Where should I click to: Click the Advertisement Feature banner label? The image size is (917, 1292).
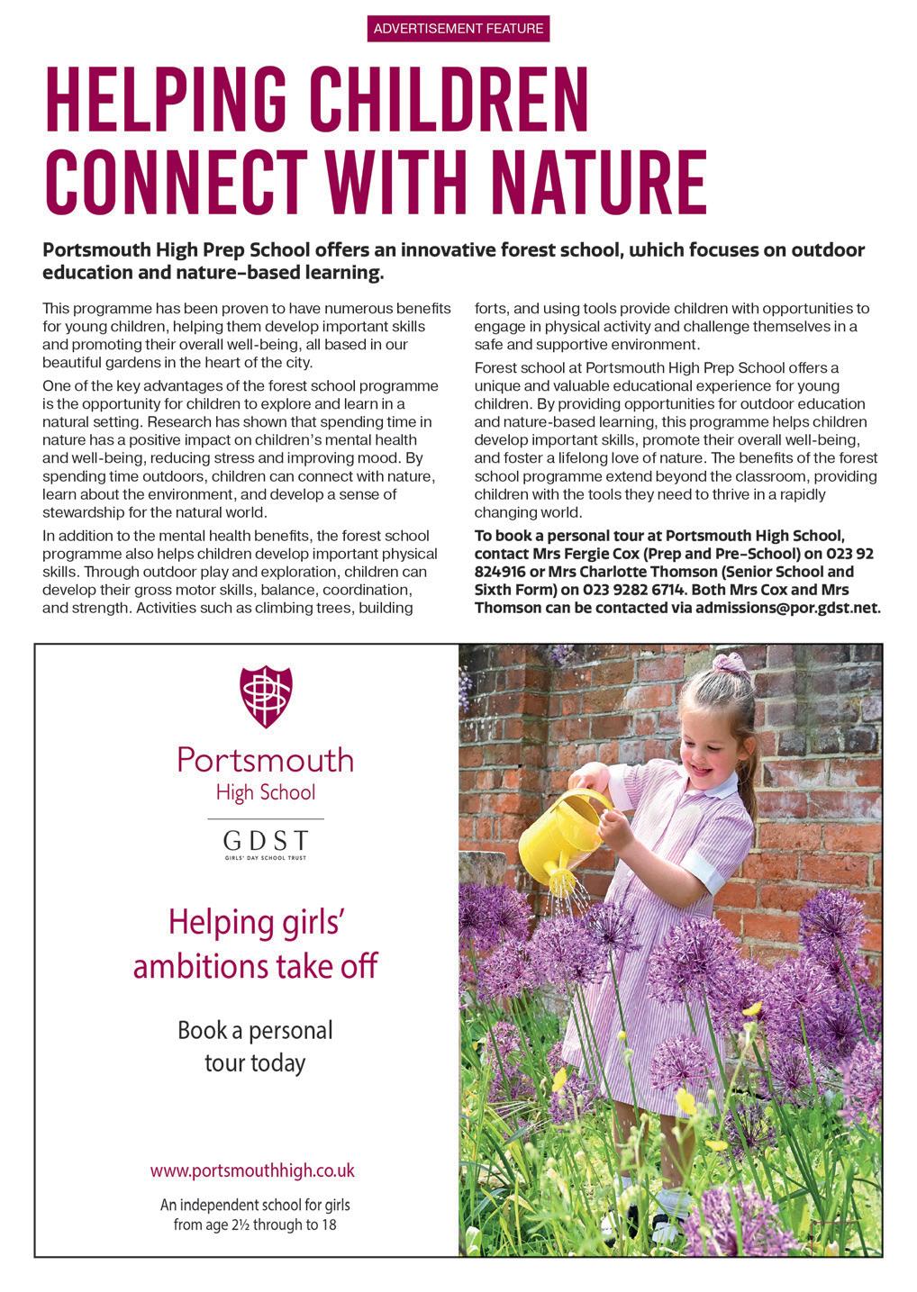pos(458,29)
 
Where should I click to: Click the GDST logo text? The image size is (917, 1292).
pos(265,841)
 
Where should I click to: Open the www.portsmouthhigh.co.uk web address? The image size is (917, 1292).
pos(252,1170)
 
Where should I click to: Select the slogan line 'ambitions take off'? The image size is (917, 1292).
pos(255,966)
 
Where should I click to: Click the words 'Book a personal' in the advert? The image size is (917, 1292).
pos(255,1029)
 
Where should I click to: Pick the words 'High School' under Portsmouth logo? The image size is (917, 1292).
pos(265,792)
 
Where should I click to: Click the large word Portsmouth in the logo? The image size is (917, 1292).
pos(265,760)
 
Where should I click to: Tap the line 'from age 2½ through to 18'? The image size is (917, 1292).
pos(255,1224)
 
